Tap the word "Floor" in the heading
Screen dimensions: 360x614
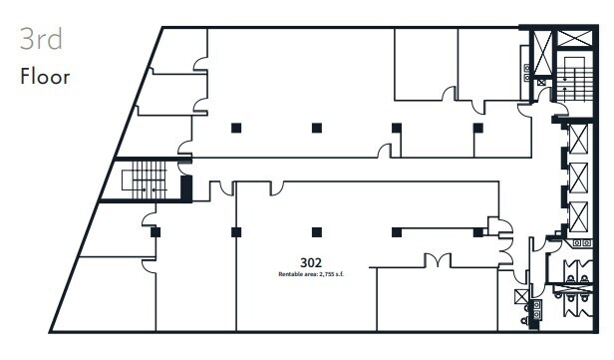coord(45,77)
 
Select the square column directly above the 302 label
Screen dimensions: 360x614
coord(316,232)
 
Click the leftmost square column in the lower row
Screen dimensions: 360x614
coord(155,232)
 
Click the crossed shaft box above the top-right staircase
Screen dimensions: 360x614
coord(574,41)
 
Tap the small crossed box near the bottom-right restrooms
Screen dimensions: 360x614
coord(519,296)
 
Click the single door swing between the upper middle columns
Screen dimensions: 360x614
coord(384,150)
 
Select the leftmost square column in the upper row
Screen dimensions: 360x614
coord(235,128)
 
